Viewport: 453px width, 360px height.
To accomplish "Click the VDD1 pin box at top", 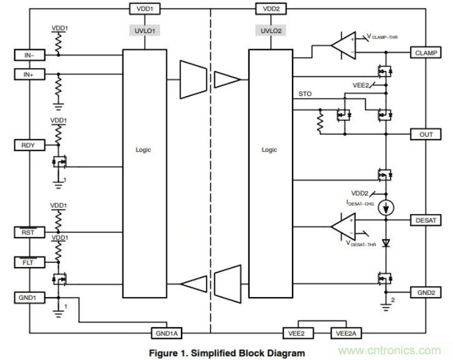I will pyautogui.click(x=145, y=9).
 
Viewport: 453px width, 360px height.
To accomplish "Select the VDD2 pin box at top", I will pyautogui.click(x=270, y=9).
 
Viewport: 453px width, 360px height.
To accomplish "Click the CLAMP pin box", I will pyautogui.click(x=427, y=54).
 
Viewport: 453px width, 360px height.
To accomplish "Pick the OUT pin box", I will pyautogui.click(x=427, y=134).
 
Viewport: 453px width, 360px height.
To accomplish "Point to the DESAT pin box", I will pyautogui.click(x=427, y=220).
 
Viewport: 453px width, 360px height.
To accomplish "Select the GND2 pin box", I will pyautogui.click(x=427, y=292).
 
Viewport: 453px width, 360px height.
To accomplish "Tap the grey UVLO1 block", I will pyautogui.click(x=145, y=30).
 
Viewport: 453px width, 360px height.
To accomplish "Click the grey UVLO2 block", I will pyautogui.click(x=270, y=30).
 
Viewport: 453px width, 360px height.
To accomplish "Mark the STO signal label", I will pyautogui.click(x=306, y=95).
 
